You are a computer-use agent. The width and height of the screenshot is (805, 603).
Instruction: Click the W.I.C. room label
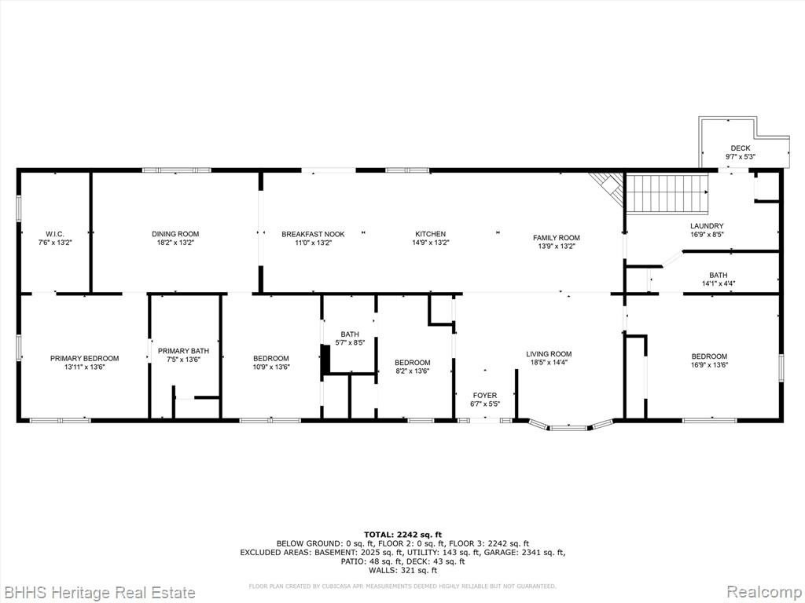point(55,234)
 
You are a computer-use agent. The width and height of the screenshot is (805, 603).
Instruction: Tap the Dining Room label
point(175,234)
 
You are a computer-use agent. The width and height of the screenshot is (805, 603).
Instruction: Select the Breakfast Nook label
point(313,234)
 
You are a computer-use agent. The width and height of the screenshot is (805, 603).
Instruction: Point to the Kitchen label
point(430,234)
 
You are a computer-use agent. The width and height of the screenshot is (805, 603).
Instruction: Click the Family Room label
point(556,237)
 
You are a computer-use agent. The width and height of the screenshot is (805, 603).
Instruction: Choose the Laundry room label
point(707,225)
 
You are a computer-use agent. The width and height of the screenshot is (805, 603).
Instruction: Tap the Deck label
point(741,148)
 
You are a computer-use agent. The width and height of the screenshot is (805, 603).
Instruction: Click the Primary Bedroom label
point(84,358)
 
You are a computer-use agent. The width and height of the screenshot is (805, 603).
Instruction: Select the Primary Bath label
point(183,351)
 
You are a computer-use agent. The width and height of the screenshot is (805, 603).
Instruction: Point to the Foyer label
point(484,396)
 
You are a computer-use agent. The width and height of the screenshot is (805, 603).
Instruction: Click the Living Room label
point(549,354)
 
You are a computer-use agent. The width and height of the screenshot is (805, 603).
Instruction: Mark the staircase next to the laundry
point(667,193)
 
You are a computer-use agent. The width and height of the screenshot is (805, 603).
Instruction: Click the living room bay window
point(572,425)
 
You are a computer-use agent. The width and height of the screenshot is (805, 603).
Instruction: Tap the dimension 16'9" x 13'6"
point(709,365)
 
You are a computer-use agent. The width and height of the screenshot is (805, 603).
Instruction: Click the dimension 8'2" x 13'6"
point(412,371)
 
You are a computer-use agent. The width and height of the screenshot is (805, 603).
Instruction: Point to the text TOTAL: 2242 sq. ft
point(402,534)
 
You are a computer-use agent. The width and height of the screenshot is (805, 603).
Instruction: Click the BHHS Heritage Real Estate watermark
point(98,593)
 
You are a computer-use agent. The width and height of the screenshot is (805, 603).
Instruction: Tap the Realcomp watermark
point(765,592)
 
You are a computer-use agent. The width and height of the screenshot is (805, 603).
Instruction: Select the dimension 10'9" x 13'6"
point(271,367)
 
